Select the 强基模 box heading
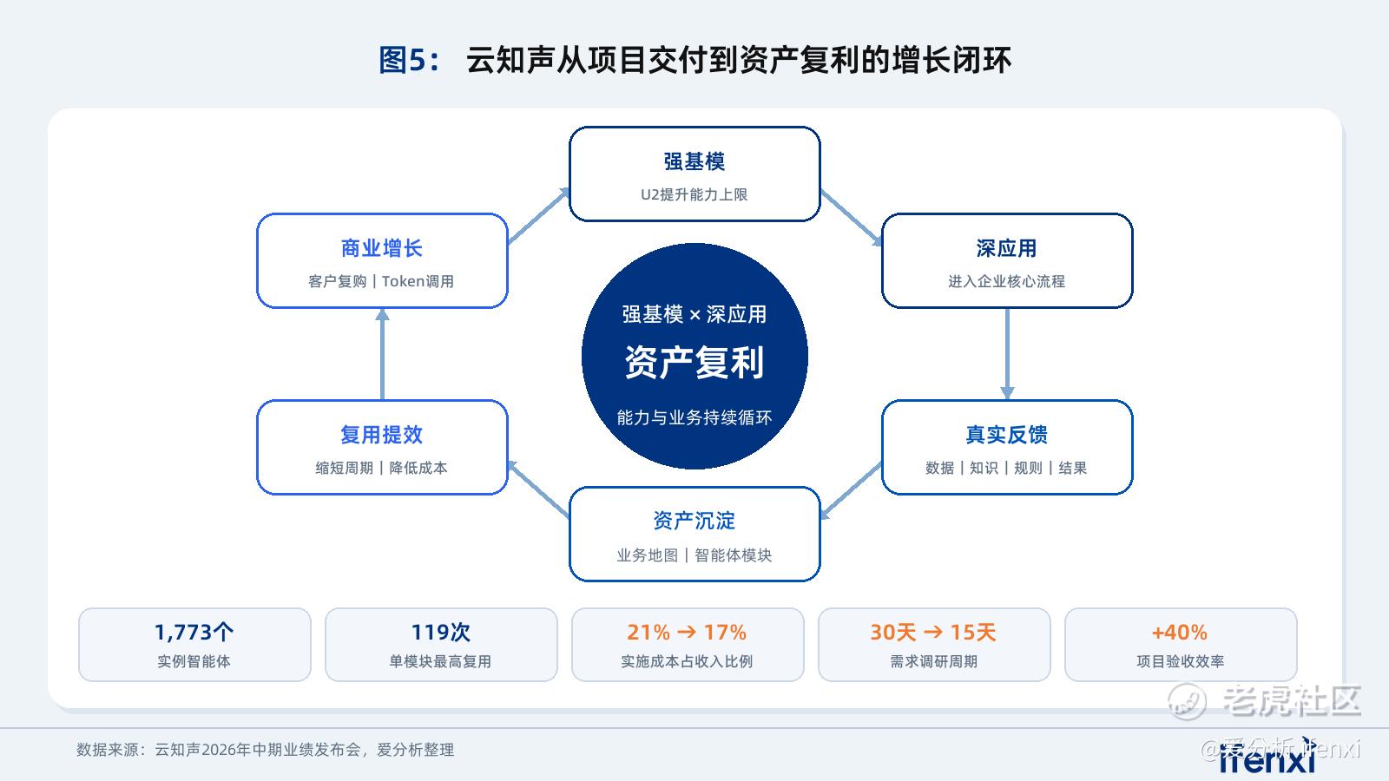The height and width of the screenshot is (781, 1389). click(x=694, y=161)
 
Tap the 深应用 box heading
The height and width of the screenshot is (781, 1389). click(x=1006, y=248)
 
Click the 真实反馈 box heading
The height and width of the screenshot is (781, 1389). click(x=1006, y=435)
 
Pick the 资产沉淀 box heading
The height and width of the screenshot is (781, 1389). click(x=694, y=521)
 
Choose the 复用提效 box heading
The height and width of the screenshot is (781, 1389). click(x=382, y=435)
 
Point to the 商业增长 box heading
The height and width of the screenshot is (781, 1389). click(x=382, y=248)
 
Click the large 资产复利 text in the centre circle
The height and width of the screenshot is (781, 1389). click(x=694, y=362)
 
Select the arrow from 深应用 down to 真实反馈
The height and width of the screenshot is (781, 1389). click(x=1007, y=354)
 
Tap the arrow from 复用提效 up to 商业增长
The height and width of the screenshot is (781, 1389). click(x=382, y=354)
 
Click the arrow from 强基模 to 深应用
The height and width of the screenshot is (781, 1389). click(x=851, y=218)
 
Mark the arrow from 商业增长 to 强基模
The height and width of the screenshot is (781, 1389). click(x=538, y=216)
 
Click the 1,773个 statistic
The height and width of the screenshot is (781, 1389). click(x=194, y=633)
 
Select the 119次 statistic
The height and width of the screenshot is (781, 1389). click(x=441, y=633)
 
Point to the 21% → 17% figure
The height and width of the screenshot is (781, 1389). click(x=687, y=633)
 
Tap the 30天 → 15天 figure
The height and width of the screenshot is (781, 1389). click(x=933, y=633)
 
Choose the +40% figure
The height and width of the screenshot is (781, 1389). click(x=1180, y=633)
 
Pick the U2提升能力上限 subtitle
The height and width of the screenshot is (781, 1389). click(x=694, y=194)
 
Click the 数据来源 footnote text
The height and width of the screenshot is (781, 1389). click(x=266, y=750)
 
